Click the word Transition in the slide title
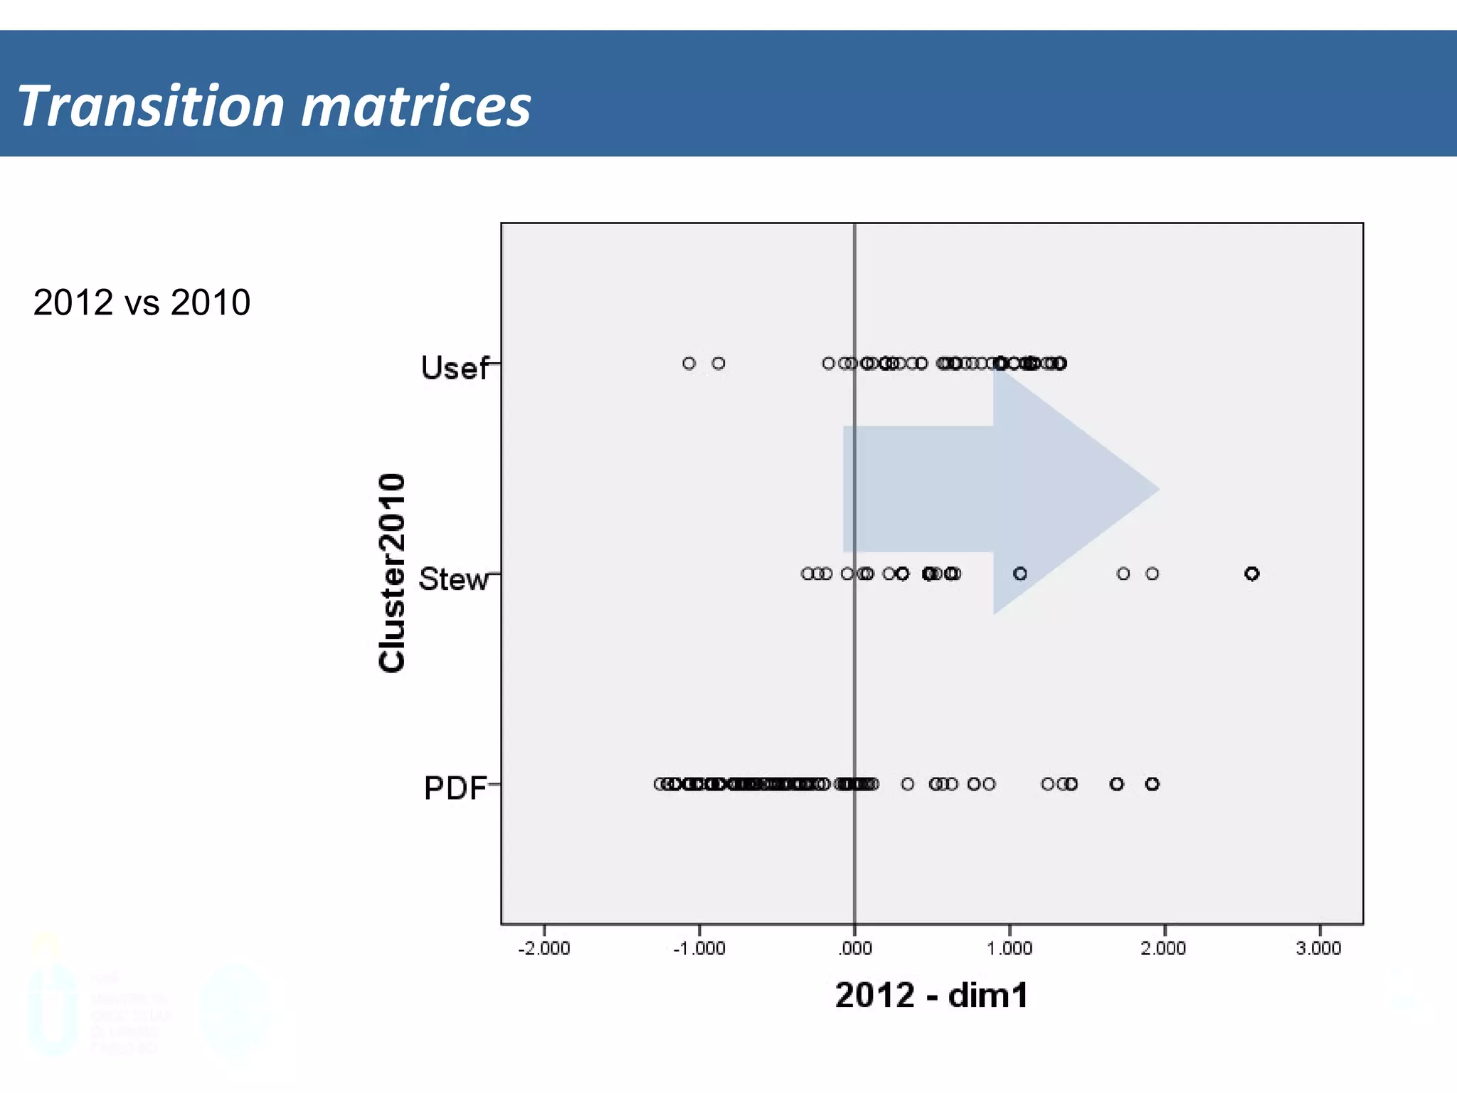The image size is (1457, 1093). pos(150,106)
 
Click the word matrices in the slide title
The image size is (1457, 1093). pos(416,106)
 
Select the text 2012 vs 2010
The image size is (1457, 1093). pos(142,302)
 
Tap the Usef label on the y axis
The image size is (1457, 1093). pos(455,368)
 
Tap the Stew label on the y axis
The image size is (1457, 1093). pos(453,579)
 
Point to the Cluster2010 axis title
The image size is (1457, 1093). pos(392,573)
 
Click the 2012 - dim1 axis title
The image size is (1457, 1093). pos(931,995)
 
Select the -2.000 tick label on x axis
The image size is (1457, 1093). pos(544,949)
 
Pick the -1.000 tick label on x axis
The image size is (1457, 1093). pos(699,949)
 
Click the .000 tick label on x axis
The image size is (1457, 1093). pos(855,949)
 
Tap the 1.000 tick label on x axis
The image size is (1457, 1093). pos(1010,949)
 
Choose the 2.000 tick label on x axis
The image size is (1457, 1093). pos(1164,949)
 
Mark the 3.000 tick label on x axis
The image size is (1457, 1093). pos(1318,949)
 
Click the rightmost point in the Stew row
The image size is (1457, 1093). pos(1252,574)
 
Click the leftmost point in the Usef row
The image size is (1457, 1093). pos(689,364)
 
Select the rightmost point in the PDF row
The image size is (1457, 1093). pos(1153,784)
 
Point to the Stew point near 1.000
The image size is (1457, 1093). pos(1020,574)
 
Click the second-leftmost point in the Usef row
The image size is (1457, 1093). pos(719,364)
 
